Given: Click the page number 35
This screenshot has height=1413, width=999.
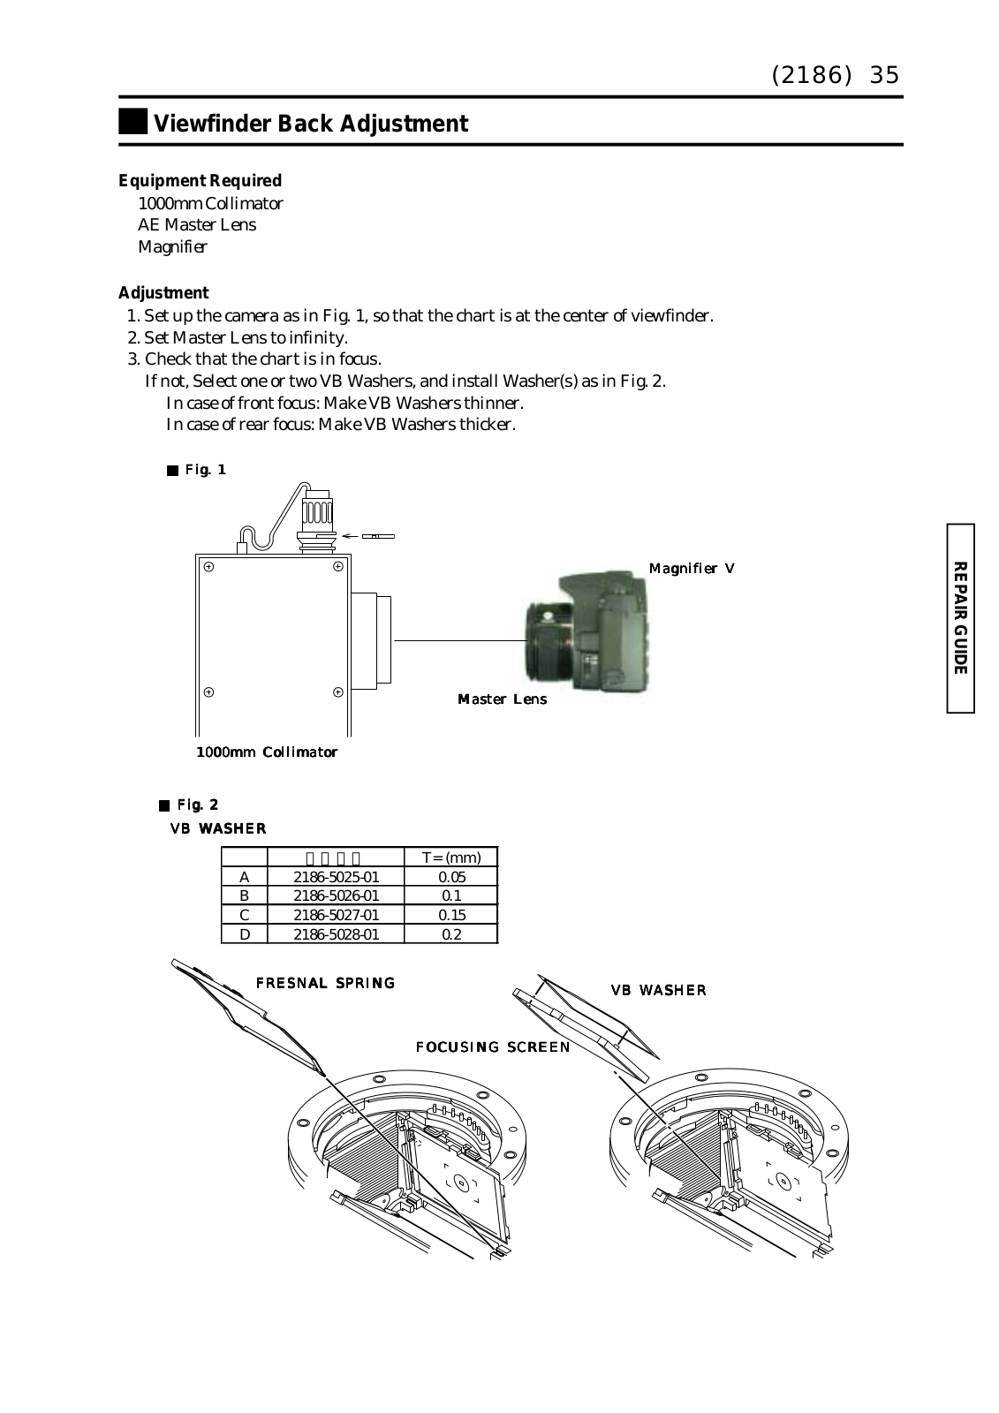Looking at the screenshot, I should pos(884,75).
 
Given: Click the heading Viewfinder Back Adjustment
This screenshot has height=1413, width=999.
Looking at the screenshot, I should pos(310,124).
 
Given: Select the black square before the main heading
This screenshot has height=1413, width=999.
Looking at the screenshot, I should pos(132,123).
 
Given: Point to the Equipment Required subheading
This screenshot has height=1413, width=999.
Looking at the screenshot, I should pos(201,181).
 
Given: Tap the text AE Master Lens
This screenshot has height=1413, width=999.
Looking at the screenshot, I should pos(197,225).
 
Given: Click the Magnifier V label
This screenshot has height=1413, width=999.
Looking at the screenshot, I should pos(692,568).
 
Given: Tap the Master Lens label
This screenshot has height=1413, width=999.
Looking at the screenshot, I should pos(502,699).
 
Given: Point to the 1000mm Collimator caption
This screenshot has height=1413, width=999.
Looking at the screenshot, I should pos(266,752).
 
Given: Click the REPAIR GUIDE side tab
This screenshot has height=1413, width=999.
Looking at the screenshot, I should pos(961,617).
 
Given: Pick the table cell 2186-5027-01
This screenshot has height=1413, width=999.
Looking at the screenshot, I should pos(336,915).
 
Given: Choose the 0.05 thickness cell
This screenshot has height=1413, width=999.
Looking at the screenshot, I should pos(451,877).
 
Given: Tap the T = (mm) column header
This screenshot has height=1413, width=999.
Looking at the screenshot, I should pos(451,858).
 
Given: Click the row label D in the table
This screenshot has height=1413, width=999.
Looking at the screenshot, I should pos(245,934).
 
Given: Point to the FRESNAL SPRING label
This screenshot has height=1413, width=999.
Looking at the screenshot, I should pos(325,983).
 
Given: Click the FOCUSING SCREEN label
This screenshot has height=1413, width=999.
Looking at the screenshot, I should pos(493,1047).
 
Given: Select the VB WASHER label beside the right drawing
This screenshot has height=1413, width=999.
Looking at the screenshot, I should pos(659,990).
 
